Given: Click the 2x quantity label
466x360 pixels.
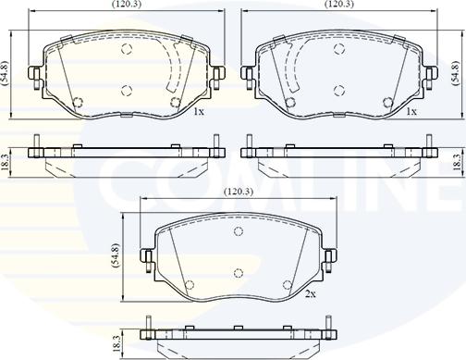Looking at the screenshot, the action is [x=311, y=294].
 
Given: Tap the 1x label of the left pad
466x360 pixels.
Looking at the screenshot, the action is [x=199, y=112].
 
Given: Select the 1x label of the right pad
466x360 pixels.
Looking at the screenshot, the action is [x=411, y=112].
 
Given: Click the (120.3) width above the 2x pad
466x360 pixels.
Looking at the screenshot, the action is [x=239, y=192].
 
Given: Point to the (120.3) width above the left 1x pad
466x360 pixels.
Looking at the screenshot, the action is [x=127, y=4].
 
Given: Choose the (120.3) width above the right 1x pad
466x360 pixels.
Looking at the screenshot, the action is [x=339, y=4].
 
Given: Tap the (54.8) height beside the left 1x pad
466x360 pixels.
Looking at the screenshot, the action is [x=5, y=73].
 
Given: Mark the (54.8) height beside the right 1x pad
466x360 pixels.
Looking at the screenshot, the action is [x=456, y=73].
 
